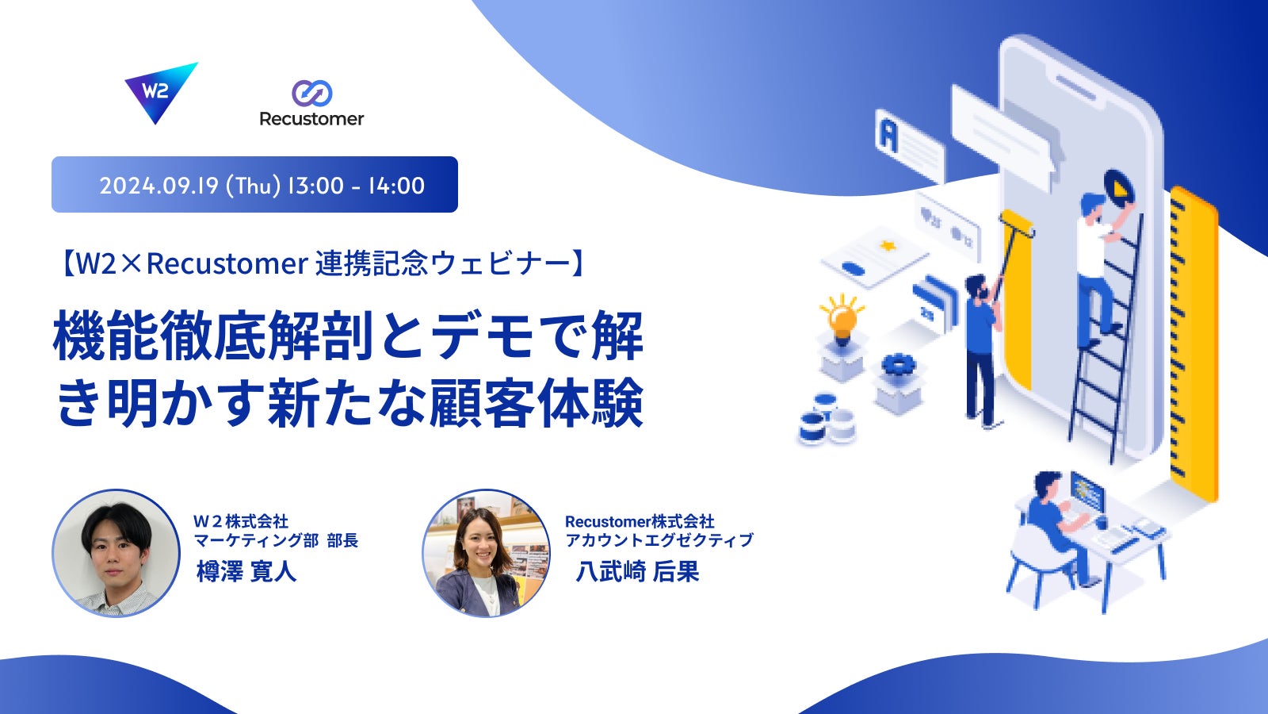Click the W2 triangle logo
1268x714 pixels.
pyautogui.click(x=158, y=90)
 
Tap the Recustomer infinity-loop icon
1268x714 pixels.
pyautogui.click(x=312, y=93)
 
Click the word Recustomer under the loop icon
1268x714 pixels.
pyautogui.click(x=311, y=119)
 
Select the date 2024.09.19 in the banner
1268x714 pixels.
pyautogui.click(x=159, y=186)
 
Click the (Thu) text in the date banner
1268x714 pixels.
pyautogui.click(x=253, y=186)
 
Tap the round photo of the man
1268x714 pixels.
pyautogui.click(x=116, y=553)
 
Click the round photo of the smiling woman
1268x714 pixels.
pyautogui.click(x=487, y=553)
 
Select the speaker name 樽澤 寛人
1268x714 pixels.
pyautogui.click(x=246, y=571)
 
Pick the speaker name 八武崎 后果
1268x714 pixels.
pyautogui.click(x=637, y=571)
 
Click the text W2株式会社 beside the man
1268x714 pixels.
pyautogui.click(x=241, y=520)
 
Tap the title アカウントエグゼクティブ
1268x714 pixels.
pyautogui.click(x=659, y=540)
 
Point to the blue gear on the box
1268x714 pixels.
pyautogui.click(x=899, y=364)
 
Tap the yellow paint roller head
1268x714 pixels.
pyautogui.click(x=1018, y=223)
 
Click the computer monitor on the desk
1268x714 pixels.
pyautogui.click(x=1087, y=492)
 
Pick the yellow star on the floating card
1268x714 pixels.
pyautogui.click(x=887, y=246)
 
